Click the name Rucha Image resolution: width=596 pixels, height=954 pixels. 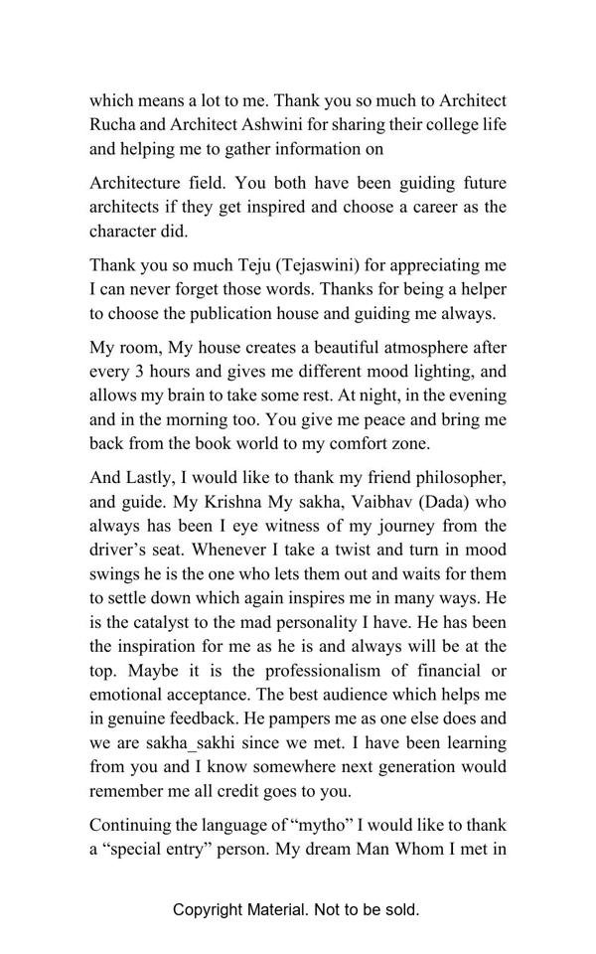(113, 125)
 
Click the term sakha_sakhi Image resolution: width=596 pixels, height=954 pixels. (177, 742)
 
